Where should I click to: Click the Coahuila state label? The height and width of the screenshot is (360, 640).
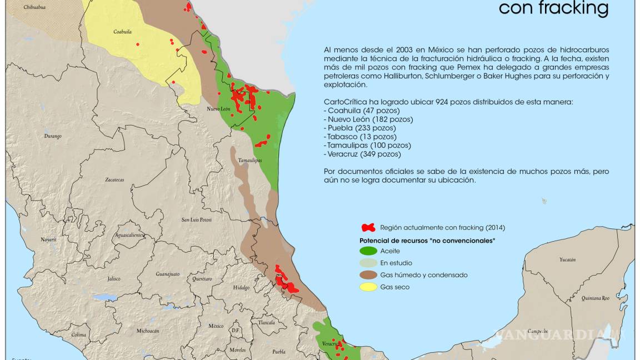point(122,32)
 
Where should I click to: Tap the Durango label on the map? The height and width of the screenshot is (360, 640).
point(53,136)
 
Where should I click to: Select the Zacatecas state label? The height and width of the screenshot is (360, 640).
point(114,179)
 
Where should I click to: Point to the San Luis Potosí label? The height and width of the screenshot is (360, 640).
point(197,219)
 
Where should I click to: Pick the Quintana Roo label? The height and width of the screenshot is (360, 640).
point(595,298)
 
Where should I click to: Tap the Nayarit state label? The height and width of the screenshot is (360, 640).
point(48,239)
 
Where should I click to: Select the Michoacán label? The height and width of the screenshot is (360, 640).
point(148,331)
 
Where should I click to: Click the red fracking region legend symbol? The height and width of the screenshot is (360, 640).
point(368,227)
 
